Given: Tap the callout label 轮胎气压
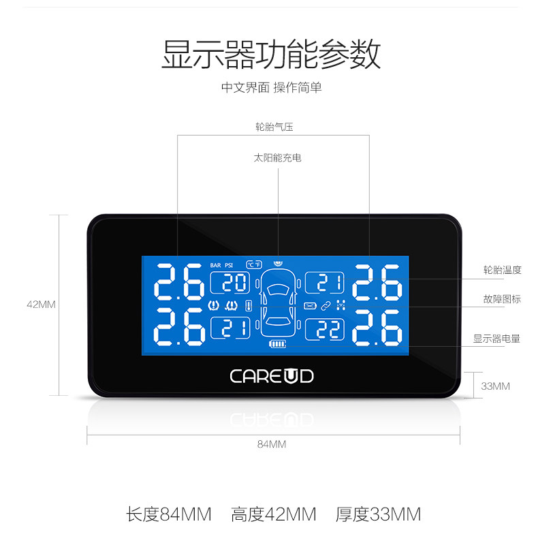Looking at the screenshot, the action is pos(274,127).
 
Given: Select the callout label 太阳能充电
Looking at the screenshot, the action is pos(277,158).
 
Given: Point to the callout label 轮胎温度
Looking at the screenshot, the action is pos(502,270).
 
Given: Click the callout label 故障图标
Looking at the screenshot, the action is pos(502,299).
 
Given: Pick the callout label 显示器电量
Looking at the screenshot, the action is pos(497,338).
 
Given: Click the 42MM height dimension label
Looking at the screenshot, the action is pos(41,305).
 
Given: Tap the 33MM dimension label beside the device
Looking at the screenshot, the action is pos(495,386).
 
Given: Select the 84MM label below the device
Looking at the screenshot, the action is pos(271,444).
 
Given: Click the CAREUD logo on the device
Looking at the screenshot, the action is pos(271,375).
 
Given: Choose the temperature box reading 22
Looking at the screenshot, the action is pos(326,329).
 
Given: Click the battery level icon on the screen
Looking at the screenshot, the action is pos(278,345).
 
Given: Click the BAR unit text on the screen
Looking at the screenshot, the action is pos(216,265).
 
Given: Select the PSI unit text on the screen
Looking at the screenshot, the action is pos(230,265).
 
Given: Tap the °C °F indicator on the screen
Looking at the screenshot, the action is pos(254,264).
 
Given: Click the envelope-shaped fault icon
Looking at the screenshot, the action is pos(311,305).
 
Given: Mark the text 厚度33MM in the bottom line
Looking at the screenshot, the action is pos(378,514).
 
